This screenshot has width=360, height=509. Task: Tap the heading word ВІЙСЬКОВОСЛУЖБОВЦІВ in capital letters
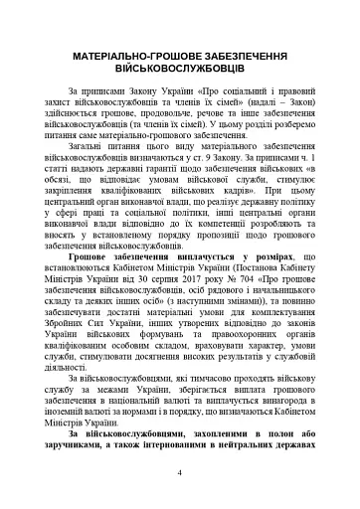(180, 72)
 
